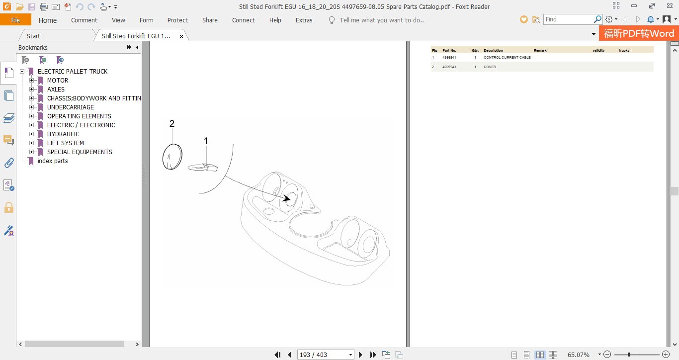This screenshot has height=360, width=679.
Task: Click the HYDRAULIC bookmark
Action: (63, 134)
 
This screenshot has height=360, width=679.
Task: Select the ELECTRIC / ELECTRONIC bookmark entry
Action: (81, 125)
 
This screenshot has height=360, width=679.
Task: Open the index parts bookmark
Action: (52, 161)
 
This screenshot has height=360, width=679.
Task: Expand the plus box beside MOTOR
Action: (31, 81)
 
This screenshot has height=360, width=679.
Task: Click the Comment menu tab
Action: (84, 20)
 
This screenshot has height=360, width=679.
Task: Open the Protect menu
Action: (177, 20)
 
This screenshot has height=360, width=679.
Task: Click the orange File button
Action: (15, 20)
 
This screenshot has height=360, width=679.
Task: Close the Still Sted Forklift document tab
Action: (181, 36)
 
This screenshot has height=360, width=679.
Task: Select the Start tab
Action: (33, 36)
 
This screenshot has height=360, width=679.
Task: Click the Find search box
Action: (568, 19)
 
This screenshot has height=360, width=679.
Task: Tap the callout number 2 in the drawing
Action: (172, 123)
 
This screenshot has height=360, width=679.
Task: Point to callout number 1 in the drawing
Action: (206, 141)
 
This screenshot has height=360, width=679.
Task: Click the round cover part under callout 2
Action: (172, 157)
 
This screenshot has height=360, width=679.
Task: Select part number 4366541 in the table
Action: (449, 57)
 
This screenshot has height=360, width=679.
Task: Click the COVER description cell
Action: (490, 67)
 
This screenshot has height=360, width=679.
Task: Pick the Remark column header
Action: (540, 50)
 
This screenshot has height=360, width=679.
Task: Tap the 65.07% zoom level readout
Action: (579, 355)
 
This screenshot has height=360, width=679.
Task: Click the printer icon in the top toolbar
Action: (44, 6)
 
